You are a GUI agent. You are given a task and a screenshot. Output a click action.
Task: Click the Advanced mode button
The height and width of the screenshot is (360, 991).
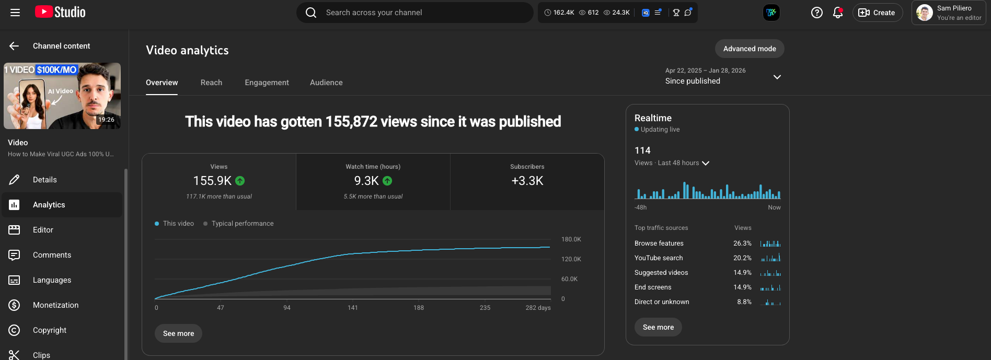click(750, 49)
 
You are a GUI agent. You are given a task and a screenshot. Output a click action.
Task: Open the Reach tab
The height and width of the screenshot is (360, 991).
click(211, 83)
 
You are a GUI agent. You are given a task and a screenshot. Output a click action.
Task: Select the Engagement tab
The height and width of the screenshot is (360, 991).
click(267, 83)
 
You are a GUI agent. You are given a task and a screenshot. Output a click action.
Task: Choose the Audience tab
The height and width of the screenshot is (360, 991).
click(326, 83)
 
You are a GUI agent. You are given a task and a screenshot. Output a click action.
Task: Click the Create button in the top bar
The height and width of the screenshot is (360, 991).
click(877, 13)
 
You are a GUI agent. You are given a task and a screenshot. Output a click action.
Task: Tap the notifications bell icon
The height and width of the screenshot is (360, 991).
click(838, 13)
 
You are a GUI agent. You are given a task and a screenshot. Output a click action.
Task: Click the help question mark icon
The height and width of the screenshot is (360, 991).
click(816, 13)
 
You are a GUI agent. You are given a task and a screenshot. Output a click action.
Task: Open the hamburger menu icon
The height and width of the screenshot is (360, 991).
click(15, 13)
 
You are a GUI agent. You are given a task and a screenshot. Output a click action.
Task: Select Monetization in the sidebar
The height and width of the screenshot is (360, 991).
click(55, 305)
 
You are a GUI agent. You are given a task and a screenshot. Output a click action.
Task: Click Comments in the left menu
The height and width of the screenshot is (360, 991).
click(52, 255)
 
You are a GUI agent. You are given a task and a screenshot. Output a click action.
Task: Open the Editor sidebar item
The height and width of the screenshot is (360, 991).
click(43, 230)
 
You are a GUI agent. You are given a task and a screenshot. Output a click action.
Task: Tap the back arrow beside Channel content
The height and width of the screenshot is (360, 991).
click(14, 46)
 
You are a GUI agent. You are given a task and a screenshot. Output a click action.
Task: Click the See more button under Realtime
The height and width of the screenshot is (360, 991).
click(658, 327)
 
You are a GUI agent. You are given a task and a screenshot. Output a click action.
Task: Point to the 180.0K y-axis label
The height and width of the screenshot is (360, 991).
click(571, 239)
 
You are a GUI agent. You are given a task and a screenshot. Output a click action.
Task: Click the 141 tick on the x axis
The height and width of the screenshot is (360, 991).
click(353, 308)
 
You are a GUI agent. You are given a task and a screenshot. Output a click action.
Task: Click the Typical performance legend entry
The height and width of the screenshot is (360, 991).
click(242, 224)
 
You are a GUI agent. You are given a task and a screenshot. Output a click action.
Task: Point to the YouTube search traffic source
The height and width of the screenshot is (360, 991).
click(659, 258)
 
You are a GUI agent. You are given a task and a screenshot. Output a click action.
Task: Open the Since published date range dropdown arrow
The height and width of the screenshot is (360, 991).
click(777, 77)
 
